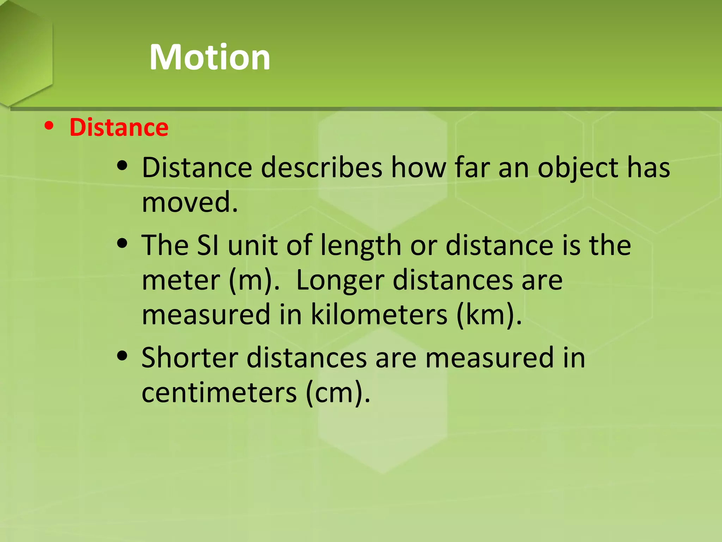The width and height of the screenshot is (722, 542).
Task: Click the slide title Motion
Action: click(210, 57)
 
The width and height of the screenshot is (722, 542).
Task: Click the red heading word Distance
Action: click(119, 127)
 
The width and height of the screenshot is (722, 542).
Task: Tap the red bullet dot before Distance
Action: click(49, 126)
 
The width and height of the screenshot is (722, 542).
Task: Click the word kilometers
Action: click(379, 314)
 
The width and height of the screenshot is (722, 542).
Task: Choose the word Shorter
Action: click(190, 358)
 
